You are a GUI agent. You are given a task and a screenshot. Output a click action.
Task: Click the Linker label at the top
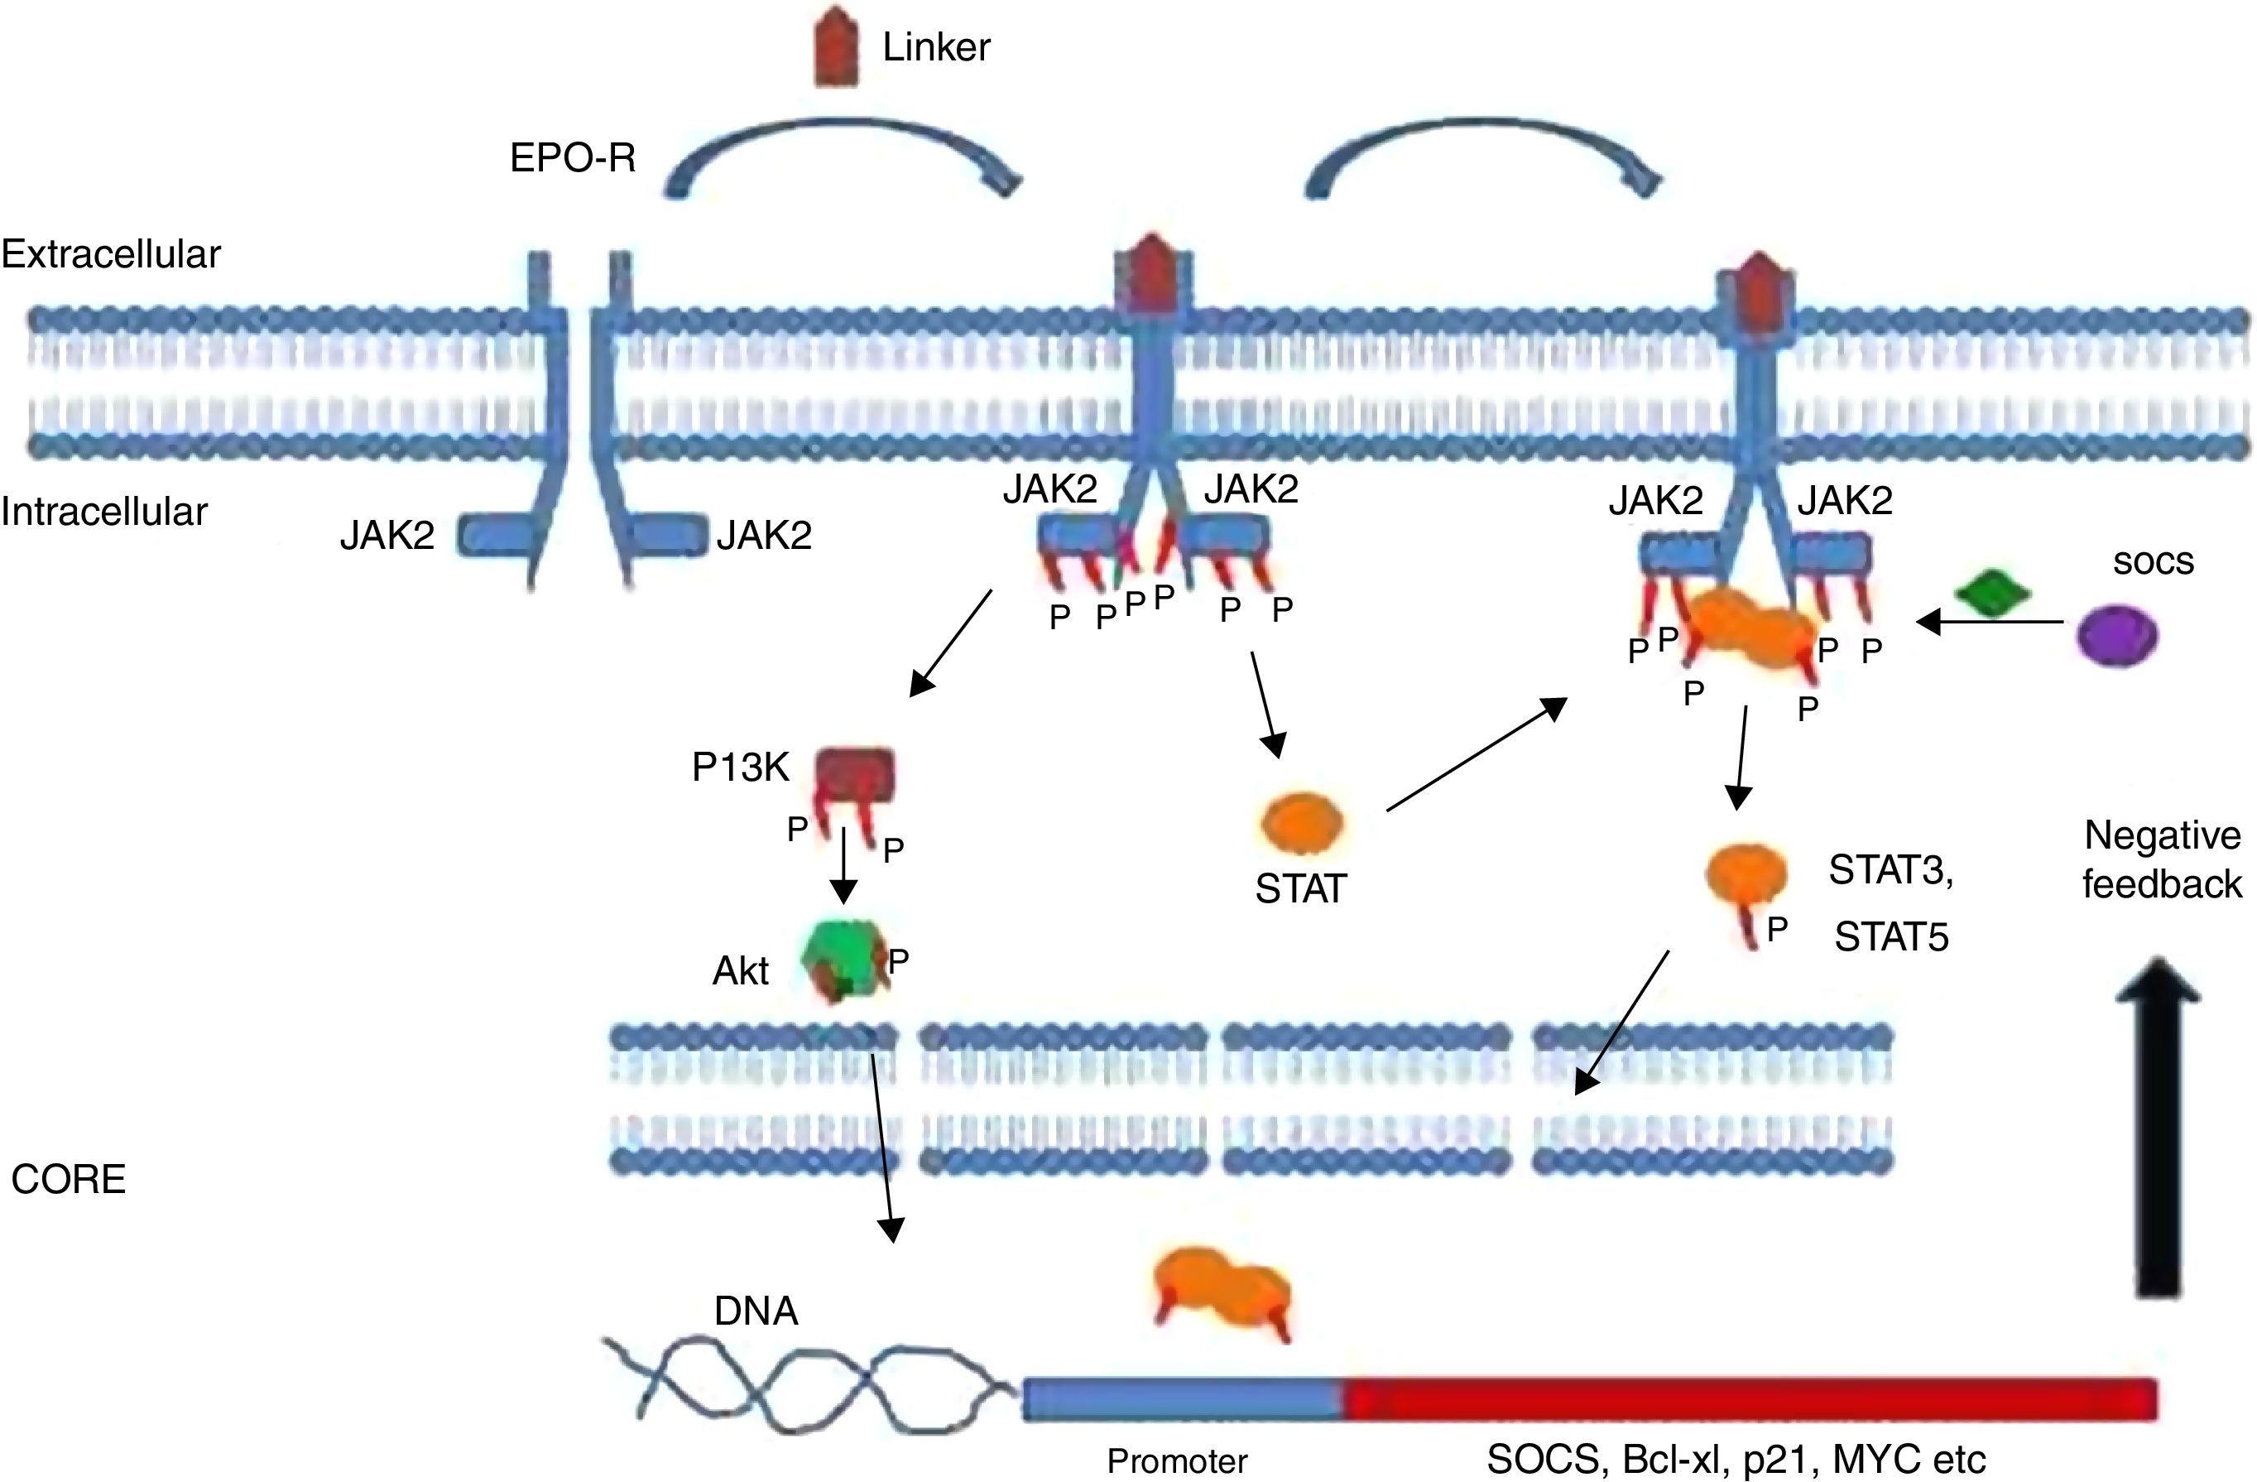(935, 47)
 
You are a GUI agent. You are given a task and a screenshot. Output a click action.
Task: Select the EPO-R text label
(573, 157)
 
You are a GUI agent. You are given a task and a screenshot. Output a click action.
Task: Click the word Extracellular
(111, 254)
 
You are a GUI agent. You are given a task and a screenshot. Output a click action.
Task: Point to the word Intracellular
(104, 512)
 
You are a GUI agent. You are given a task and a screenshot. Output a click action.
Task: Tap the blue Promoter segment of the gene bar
(1181, 1400)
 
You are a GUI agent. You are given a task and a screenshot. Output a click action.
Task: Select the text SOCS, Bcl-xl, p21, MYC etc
(1735, 1459)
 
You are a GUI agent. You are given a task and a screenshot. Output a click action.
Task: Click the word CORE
(68, 1179)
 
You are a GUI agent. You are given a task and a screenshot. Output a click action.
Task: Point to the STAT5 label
(1891, 938)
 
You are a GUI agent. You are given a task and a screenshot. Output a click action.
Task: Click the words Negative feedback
(2161, 859)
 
